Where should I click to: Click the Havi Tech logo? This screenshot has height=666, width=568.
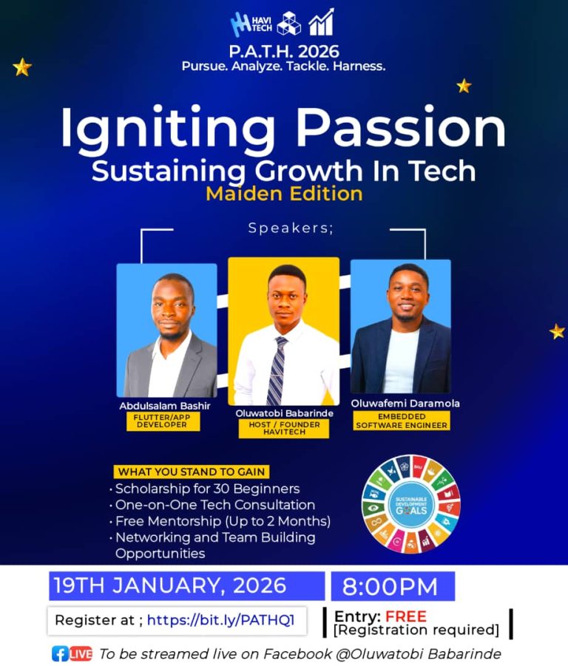coord(251,24)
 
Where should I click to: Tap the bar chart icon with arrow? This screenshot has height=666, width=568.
coord(321,22)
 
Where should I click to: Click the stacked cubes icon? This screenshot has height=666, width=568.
coord(289,23)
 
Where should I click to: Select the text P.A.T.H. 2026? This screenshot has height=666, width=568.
coord(284,52)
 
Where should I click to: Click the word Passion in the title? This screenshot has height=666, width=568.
coord(401,127)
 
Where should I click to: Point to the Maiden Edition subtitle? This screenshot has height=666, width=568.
coord(284,194)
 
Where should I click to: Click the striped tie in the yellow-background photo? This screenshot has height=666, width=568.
coord(277,370)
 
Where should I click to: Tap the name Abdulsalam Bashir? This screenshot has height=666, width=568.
coord(165,406)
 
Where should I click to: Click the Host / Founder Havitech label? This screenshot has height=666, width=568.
coord(284,428)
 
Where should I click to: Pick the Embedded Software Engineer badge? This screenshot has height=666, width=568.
coord(402,421)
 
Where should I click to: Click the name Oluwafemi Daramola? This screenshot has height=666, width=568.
coord(405,403)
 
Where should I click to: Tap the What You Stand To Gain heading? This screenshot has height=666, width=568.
coord(191,472)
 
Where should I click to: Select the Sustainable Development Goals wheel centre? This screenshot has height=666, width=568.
coord(411,506)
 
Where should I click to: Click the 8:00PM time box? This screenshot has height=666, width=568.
coord(393,586)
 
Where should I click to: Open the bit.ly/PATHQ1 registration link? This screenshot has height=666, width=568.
coord(221,620)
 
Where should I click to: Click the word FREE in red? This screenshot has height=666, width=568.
coord(406,616)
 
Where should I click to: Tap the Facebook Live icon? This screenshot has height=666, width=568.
coord(72,653)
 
